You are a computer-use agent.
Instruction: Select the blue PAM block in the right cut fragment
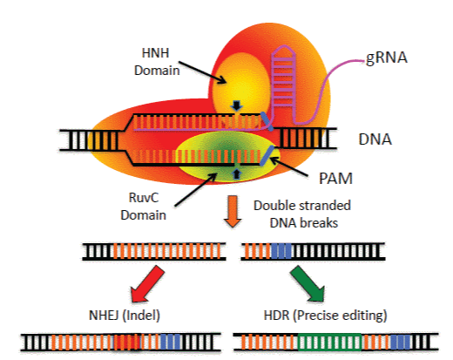(x=281, y=252)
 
